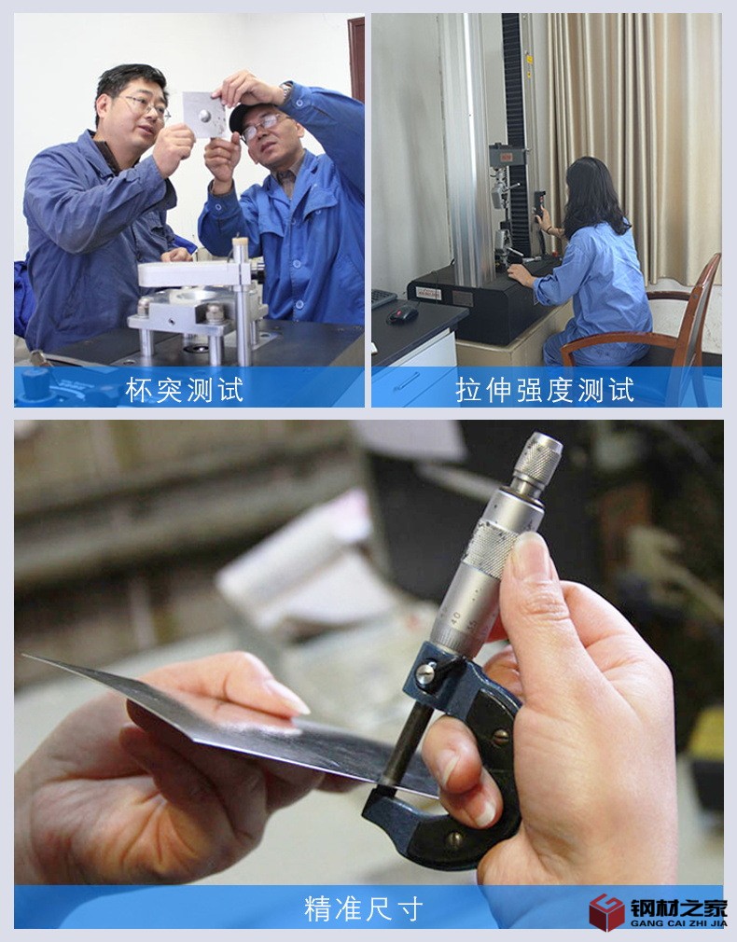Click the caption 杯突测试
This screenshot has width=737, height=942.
[x=185, y=389]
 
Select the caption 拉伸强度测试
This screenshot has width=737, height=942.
[x=546, y=389]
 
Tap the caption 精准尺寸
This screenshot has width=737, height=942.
[x=364, y=907]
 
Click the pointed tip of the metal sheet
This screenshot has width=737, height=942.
[x=28, y=658]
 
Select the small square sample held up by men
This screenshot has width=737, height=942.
[x=203, y=114]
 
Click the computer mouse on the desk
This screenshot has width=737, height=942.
[x=402, y=315]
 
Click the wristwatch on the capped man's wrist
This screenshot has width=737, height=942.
[x=286, y=90]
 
